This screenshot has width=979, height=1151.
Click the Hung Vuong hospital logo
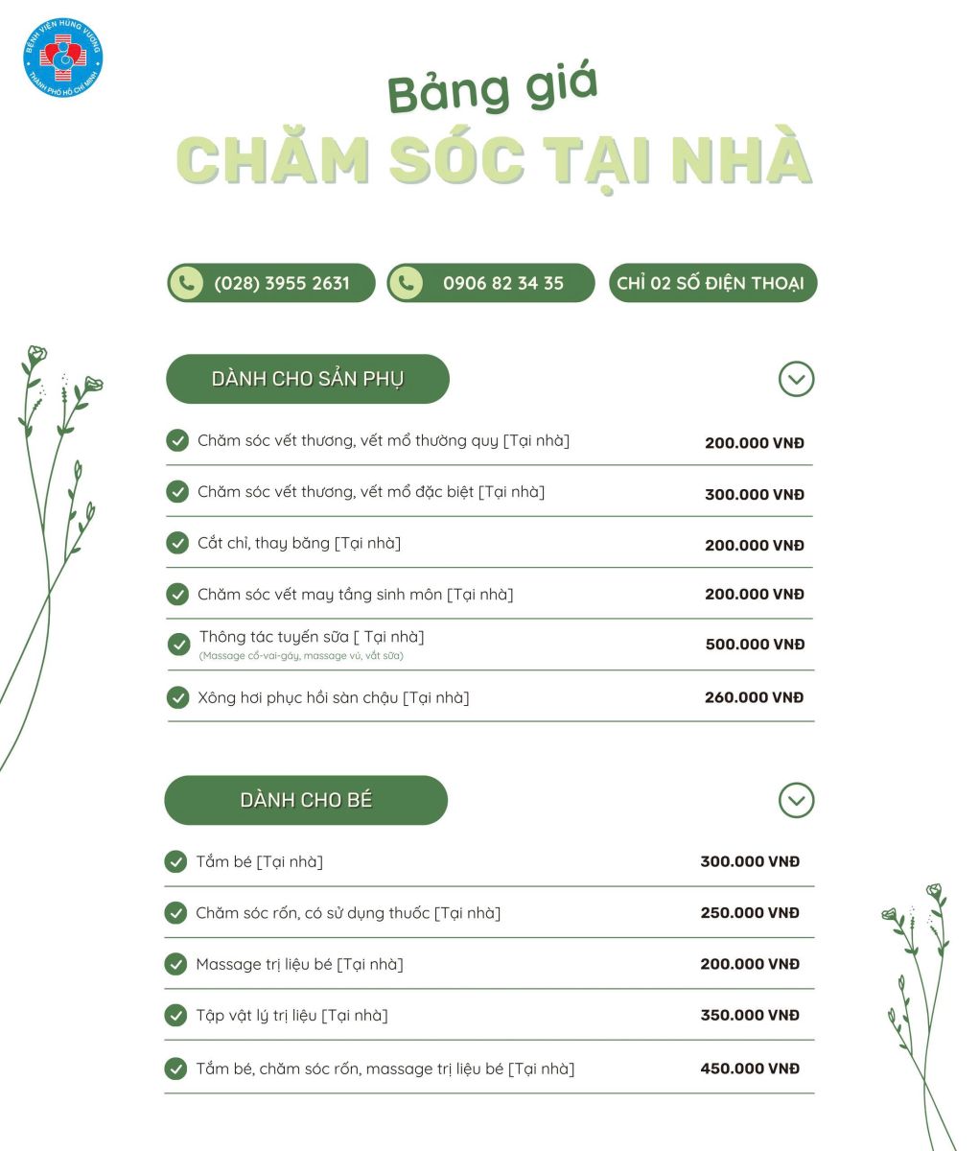tap(62, 58)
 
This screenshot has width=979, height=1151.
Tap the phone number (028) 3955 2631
tap(282, 283)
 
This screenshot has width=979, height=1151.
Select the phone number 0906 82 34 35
tap(503, 283)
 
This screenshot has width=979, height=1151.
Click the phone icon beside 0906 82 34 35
tap(407, 283)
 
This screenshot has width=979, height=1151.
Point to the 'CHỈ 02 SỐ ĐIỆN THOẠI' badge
tap(712, 283)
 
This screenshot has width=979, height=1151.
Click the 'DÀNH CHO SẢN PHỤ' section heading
tap(307, 379)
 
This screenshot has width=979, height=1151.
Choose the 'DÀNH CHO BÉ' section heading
tap(306, 800)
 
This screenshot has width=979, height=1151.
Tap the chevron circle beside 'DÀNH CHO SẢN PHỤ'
tap(796, 379)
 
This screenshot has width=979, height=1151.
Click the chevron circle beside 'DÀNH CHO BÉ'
tap(796, 800)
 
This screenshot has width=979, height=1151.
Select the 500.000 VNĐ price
tap(755, 645)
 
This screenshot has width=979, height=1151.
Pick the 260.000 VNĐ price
tap(754, 697)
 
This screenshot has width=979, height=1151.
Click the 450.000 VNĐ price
tap(750, 1069)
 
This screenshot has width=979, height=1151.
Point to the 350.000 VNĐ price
tap(750, 1015)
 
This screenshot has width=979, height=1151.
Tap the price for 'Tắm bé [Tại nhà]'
tap(750, 861)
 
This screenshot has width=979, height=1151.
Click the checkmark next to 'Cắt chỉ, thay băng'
tap(177, 543)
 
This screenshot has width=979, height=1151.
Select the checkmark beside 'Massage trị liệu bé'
tap(175, 964)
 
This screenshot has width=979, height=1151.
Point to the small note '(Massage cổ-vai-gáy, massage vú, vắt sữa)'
tap(301, 656)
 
